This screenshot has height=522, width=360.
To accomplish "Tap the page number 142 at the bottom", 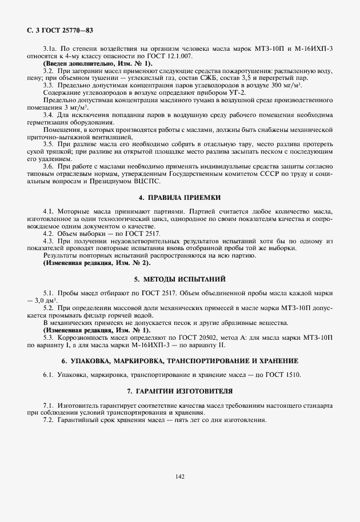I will coord(180,475).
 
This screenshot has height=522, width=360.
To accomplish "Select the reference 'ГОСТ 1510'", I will coord(283,375).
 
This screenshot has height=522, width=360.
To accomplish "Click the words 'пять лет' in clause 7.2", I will coord(179,420).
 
